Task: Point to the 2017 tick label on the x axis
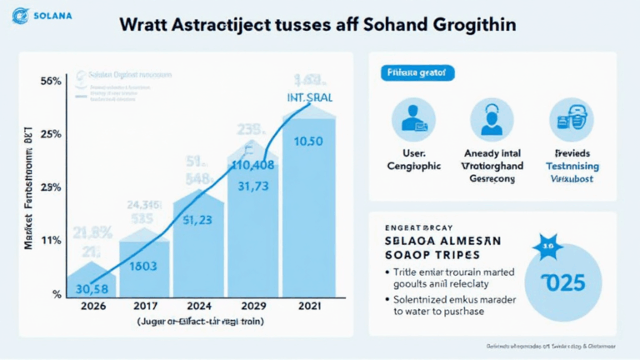pyautogui.click(x=145, y=306)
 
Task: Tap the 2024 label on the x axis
pyautogui.click(x=199, y=306)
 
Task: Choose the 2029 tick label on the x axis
pyautogui.click(x=253, y=306)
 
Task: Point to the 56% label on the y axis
pyautogui.click(x=50, y=82)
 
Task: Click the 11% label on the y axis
pyautogui.click(x=51, y=240)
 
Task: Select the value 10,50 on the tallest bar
pyautogui.click(x=308, y=141)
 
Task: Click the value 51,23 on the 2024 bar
pyautogui.click(x=197, y=221)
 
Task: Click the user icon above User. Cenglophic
pyautogui.click(x=414, y=119)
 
